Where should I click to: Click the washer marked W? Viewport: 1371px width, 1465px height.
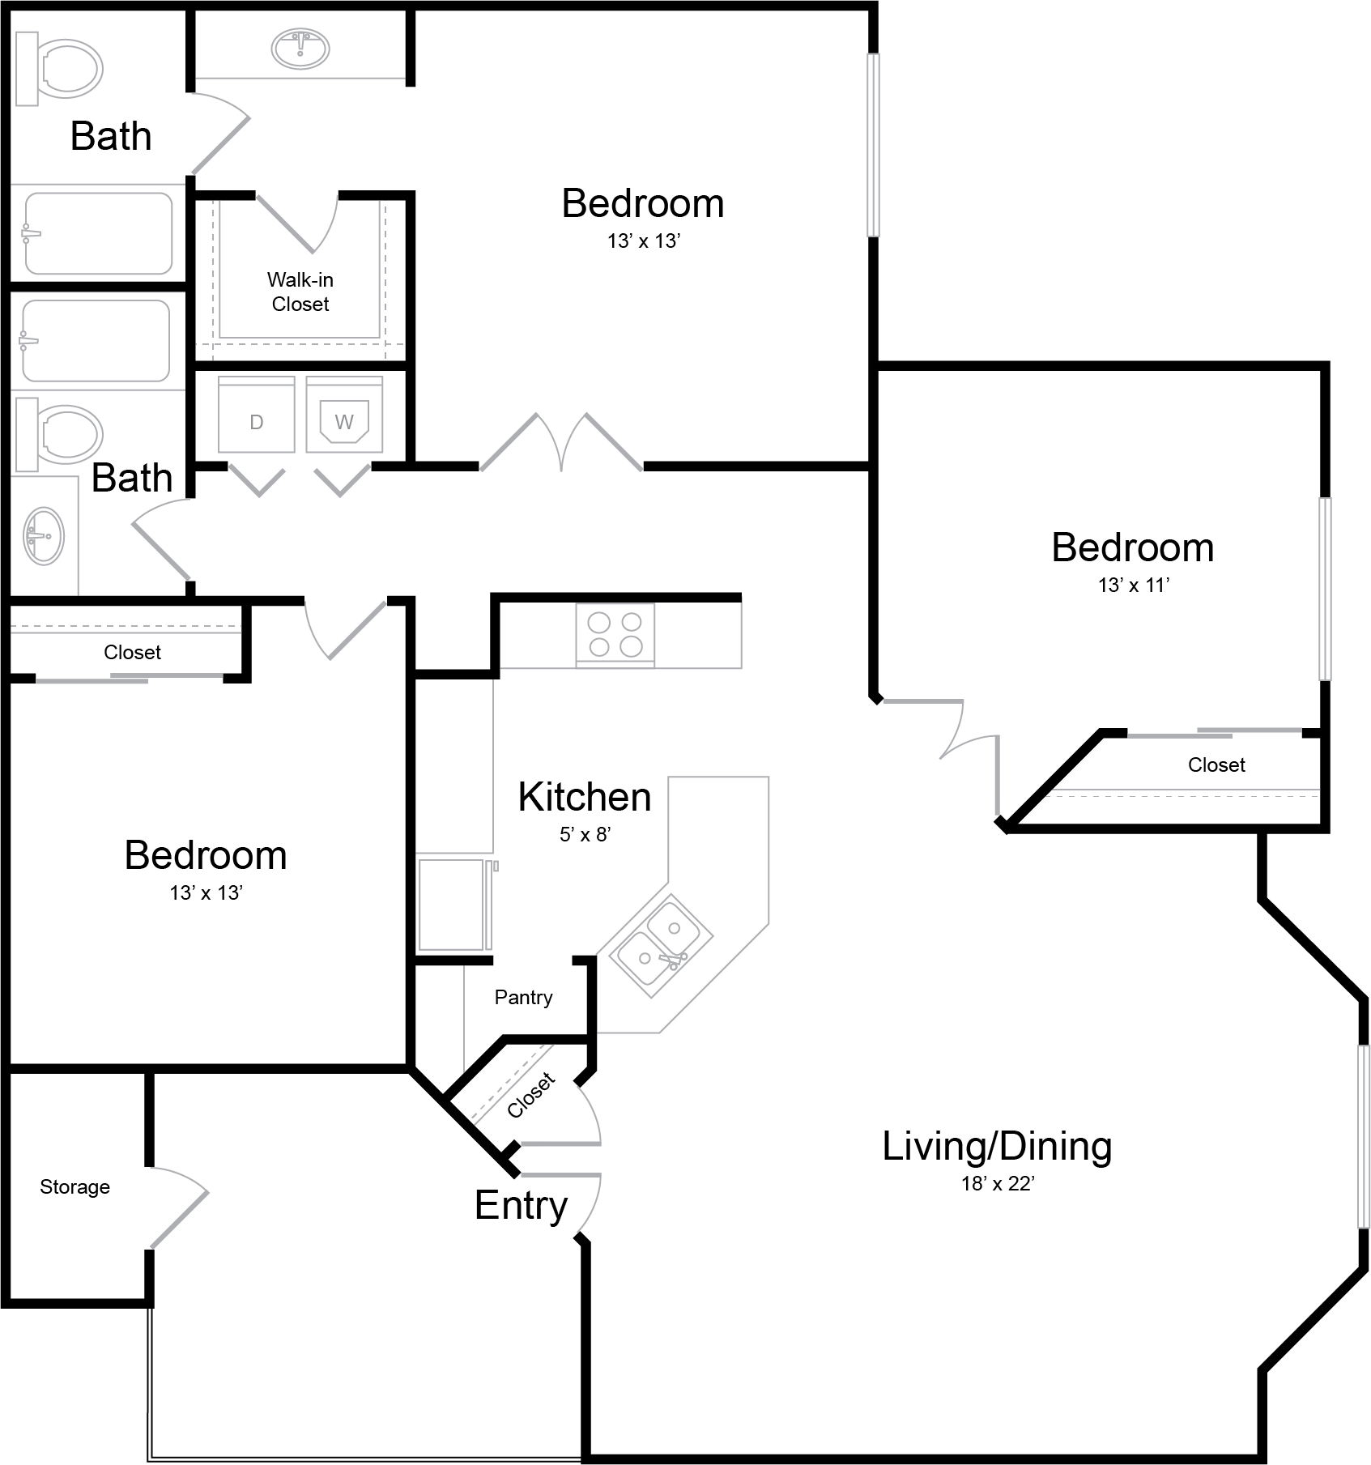coord(344,414)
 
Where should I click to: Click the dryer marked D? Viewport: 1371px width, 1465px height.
coord(257,414)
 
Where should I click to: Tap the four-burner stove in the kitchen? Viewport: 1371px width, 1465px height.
coord(615,635)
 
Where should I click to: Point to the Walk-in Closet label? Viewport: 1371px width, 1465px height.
coord(300,292)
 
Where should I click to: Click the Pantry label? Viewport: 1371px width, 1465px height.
coord(523,997)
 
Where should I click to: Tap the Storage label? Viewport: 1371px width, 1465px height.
coord(75,1186)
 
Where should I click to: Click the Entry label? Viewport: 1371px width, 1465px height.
coord(521,1206)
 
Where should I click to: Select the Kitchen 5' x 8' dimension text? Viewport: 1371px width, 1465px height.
coord(585,834)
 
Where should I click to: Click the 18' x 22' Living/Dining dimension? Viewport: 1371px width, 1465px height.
coord(998,1183)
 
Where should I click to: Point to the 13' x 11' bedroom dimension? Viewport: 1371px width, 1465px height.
coord(1134,585)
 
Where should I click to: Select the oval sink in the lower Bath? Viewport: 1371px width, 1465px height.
coord(44,536)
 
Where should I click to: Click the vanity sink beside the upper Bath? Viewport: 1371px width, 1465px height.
coord(300,48)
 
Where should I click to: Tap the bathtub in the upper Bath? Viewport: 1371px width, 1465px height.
coord(97,233)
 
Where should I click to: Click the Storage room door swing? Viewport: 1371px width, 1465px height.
coord(180,1207)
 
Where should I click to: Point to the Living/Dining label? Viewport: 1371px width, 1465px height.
coord(997,1147)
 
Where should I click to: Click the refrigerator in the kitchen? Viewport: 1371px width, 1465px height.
coord(454,905)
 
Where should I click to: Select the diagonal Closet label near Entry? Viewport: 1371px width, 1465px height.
coord(531,1094)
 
